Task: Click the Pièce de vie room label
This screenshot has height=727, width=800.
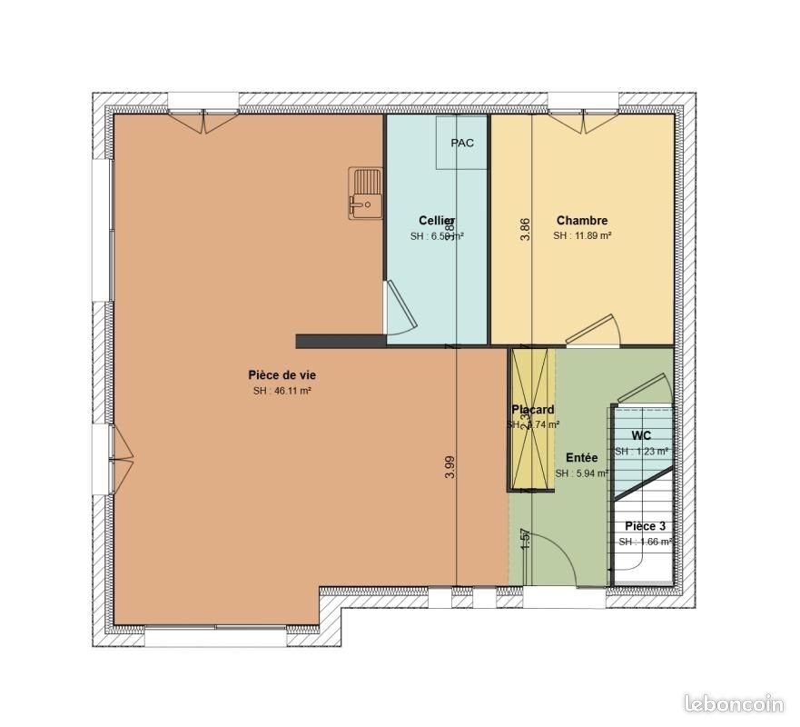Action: [x=281, y=374]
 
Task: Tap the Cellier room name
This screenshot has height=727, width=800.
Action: [x=437, y=221]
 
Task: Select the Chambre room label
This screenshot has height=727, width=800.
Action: [x=581, y=220]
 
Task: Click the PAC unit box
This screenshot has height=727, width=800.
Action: [x=462, y=143]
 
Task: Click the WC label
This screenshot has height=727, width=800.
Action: [x=641, y=435]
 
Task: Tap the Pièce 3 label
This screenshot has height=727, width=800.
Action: [x=645, y=526]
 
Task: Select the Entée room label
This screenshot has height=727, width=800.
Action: [x=581, y=458]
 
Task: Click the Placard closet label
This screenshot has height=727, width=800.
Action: [x=532, y=410]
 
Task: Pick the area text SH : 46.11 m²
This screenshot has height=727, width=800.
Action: [x=282, y=391]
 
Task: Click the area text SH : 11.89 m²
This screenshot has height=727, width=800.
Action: [x=582, y=235]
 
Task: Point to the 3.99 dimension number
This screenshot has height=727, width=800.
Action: [x=449, y=466]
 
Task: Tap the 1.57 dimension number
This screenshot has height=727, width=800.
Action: [x=525, y=540]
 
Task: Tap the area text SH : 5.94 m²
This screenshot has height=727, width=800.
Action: [x=581, y=473]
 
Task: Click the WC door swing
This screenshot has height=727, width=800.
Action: [x=644, y=388]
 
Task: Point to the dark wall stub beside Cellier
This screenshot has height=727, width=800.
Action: [x=341, y=341]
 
